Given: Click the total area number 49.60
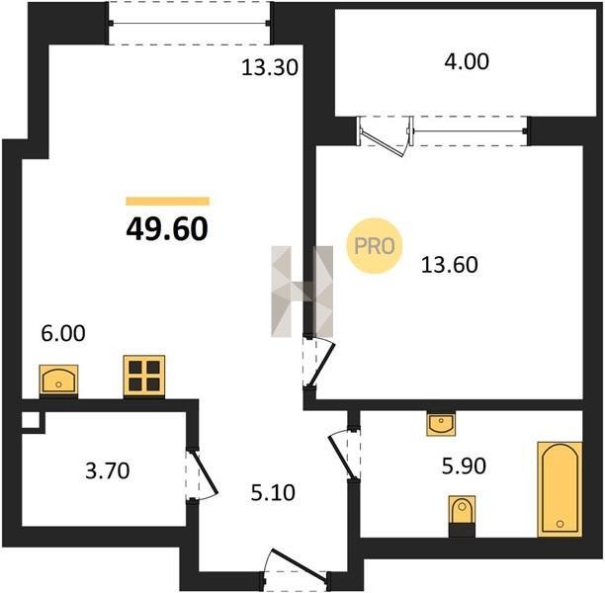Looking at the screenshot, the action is pyautogui.click(x=167, y=228).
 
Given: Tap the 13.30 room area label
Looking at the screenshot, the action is pyautogui.click(x=270, y=67).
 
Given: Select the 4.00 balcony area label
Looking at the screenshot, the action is pyautogui.click(x=467, y=61).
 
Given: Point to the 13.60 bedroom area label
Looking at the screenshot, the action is pyautogui.click(x=450, y=265).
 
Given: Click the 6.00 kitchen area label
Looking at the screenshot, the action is pyautogui.click(x=63, y=333).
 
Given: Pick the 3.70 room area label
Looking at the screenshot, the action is pyautogui.click(x=108, y=470).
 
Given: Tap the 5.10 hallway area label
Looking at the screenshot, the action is pyautogui.click(x=273, y=493).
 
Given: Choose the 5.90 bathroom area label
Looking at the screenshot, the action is pyautogui.click(x=464, y=466).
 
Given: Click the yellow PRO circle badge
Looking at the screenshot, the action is pyautogui.click(x=375, y=246).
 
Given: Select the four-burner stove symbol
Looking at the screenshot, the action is pyautogui.click(x=144, y=377).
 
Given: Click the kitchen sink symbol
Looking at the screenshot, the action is pyautogui.click(x=58, y=381).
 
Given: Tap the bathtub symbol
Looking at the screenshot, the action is pyautogui.click(x=560, y=489).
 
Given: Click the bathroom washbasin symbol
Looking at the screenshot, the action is pyautogui.click(x=441, y=424).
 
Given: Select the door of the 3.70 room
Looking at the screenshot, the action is pyautogui.click(x=202, y=475).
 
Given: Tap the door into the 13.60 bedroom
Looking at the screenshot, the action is pyautogui.click(x=318, y=363).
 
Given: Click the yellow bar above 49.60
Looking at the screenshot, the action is pyautogui.click(x=167, y=202).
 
